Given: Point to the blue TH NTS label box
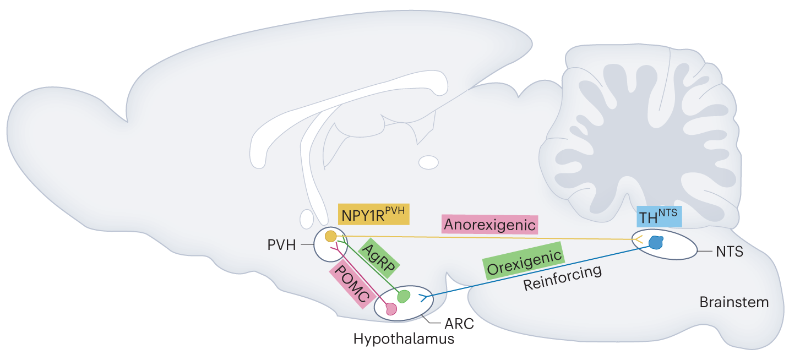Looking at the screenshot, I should pos(659,216).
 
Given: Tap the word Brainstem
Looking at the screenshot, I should pos(734,302).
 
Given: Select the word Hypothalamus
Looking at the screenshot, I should pos(404,339).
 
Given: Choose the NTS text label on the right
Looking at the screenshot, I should pos(730,252).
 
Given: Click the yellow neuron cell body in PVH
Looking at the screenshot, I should pos(331,237).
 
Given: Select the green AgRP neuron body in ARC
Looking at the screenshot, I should pos(404,296).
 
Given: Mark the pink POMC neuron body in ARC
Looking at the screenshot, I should pos(391,309).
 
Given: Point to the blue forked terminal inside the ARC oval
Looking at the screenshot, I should pos(423,298).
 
